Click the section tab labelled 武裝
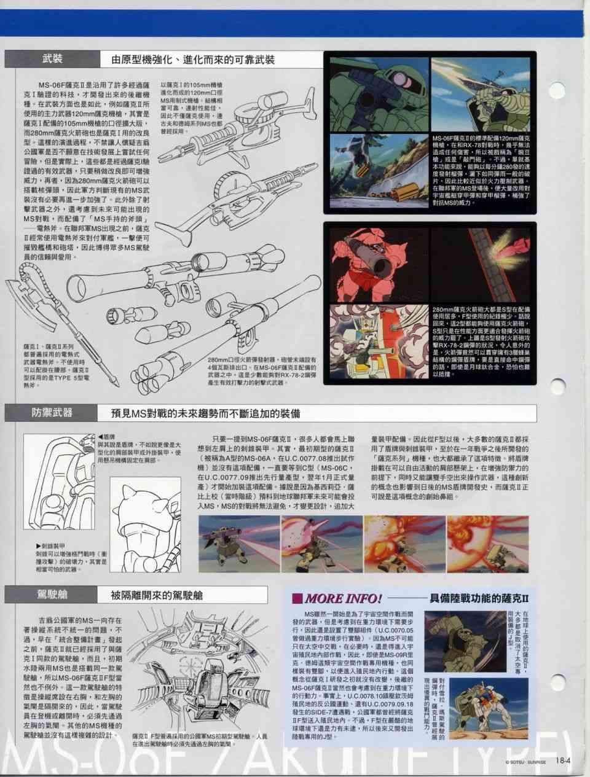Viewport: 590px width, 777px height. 52,60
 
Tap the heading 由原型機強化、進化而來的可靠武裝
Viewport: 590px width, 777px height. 192,60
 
